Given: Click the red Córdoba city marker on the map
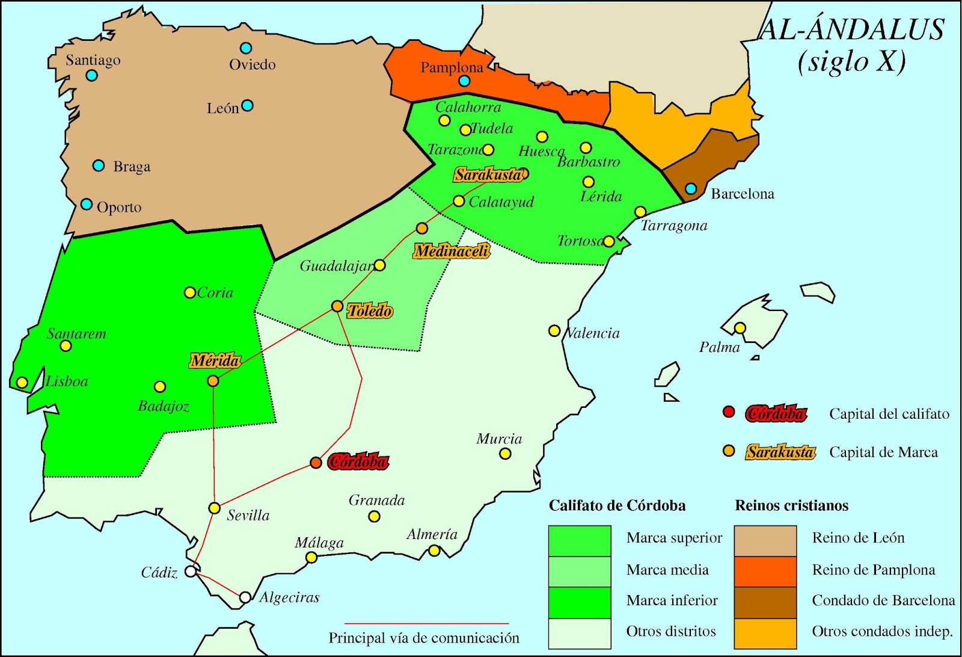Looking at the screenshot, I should tap(316, 463).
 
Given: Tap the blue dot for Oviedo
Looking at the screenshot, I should tap(246, 48).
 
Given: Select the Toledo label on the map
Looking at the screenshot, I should tap(370, 311).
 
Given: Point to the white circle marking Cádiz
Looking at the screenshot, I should tap(191, 571).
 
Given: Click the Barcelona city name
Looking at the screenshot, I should tap(743, 194).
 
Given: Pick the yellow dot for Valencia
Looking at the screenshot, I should tap(554, 331).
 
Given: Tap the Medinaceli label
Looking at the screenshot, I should tap(452, 251).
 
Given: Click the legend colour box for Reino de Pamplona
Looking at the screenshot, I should tap(765, 571).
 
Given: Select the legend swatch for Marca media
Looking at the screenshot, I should tap(580, 571).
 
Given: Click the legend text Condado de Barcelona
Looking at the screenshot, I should tap(883, 600).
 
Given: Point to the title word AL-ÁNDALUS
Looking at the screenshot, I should tap(852, 29).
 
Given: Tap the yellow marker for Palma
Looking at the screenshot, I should tap(740, 328).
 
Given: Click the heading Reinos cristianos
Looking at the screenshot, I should tap(791, 505).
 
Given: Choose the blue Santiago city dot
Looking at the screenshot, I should tap(91, 75).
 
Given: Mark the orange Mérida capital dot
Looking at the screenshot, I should tap(213, 381).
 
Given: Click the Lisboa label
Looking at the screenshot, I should tap(67, 381).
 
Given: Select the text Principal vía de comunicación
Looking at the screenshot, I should tap(424, 638).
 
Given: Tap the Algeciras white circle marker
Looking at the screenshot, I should tap(245, 597).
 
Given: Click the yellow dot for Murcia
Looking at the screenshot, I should tap(505, 454).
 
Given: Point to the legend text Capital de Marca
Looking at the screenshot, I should tap(883, 452).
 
